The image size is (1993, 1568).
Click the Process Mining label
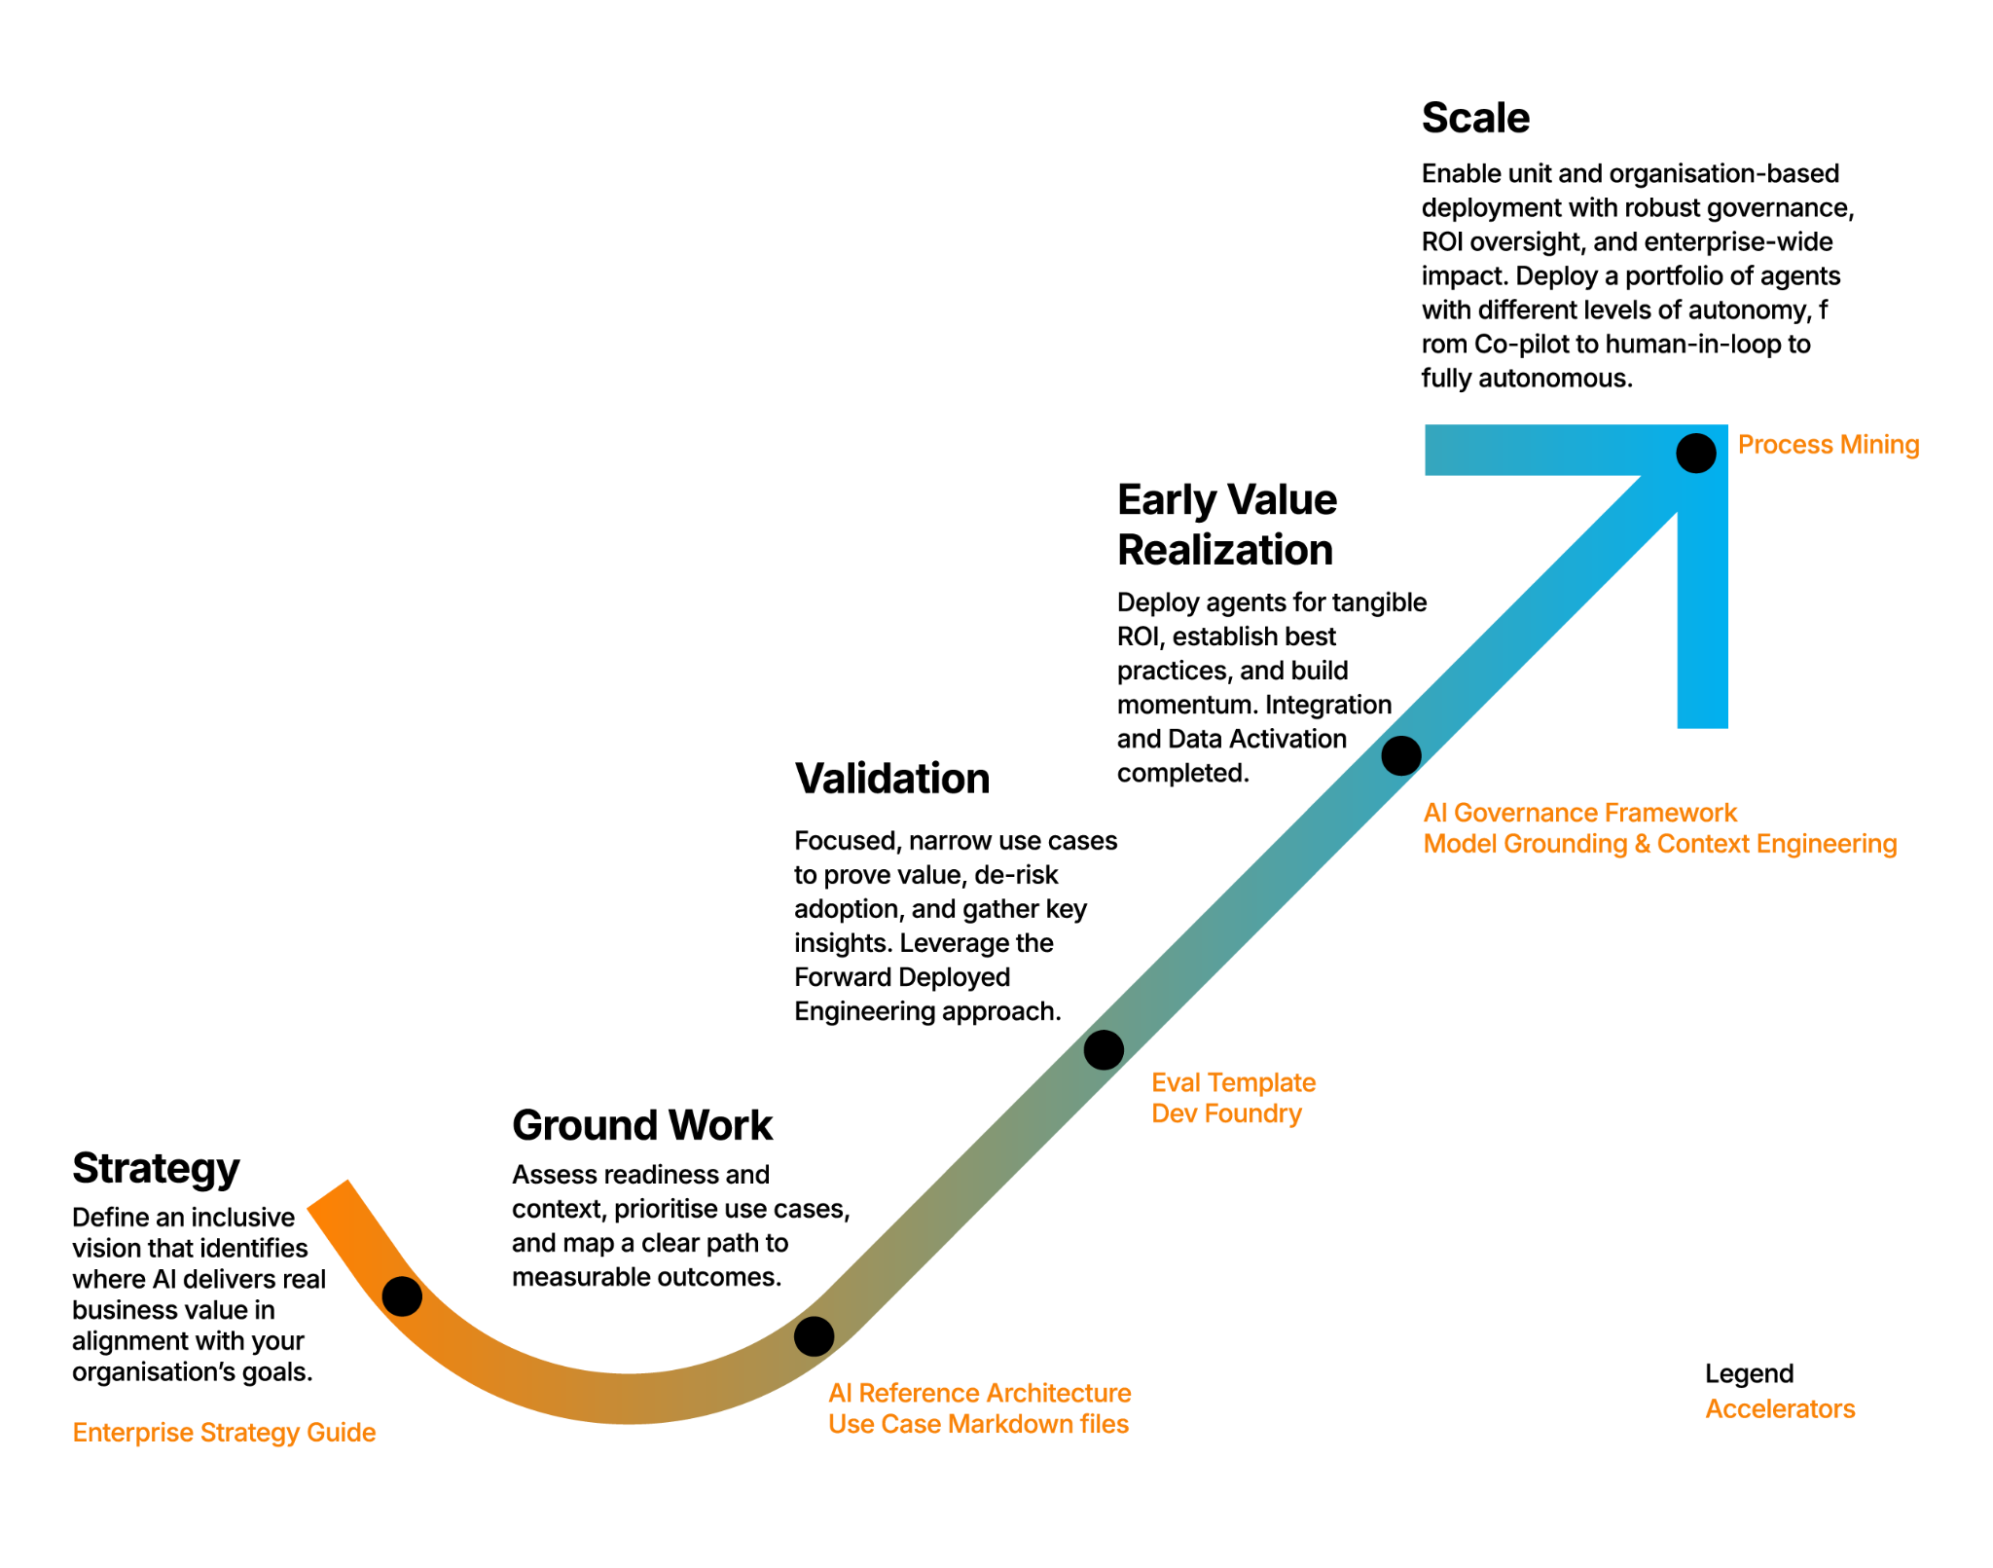(1828, 446)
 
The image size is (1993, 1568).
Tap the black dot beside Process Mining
(1695, 454)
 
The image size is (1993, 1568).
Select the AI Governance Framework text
(1579, 813)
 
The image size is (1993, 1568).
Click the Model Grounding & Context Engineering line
(1659, 844)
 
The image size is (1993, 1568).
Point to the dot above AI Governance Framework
(1400, 755)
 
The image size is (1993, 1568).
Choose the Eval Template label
(1233, 1082)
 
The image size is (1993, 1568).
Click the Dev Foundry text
(1226, 1113)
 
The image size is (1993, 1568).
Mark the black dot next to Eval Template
(1103, 1049)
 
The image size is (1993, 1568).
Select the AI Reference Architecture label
(979, 1393)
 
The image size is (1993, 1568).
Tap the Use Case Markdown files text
(978, 1424)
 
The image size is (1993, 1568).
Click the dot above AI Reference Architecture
(814, 1335)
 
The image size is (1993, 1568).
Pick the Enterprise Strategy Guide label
(225, 1433)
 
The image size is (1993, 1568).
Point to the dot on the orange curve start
(402, 1295)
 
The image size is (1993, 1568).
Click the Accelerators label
(1780, 1409)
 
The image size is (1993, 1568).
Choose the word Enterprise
(132, 1433)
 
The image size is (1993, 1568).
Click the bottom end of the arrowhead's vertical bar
(1702, 720)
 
